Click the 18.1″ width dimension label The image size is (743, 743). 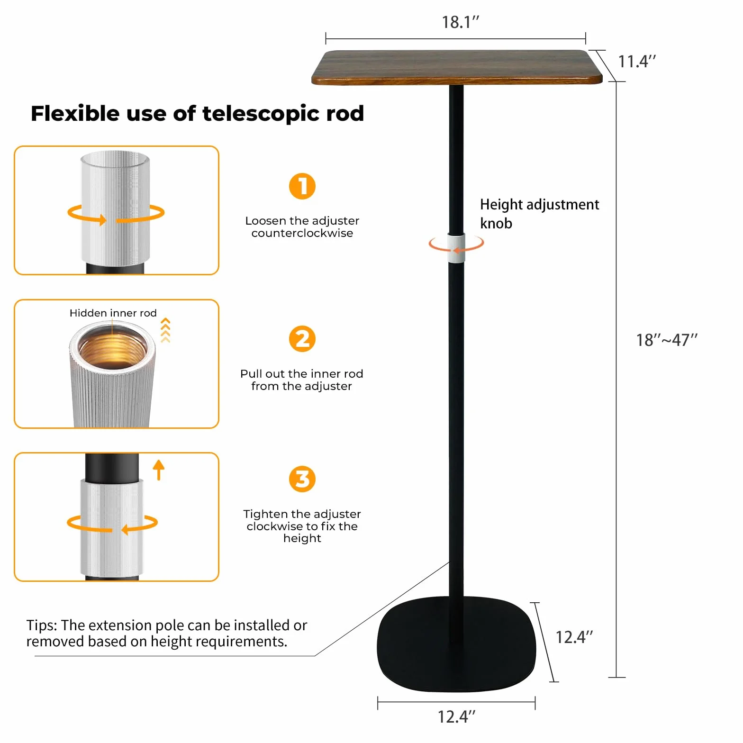[x=461, y=22]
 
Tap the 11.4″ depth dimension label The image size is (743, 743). [x=637, y=61]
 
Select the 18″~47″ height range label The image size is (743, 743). [x=667, y=340]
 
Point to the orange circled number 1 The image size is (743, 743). [x=302, y=186]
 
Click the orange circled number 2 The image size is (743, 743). [x=302, y=339]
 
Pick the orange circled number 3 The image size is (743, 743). [x=302, y=479]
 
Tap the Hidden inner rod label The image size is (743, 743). [x=113, y=313]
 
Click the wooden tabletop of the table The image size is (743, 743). [x=457, y=67]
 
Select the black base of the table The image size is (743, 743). [x=456, y=643]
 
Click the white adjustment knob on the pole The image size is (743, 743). [x=456, y=247]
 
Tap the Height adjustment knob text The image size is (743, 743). [x=539, y=214]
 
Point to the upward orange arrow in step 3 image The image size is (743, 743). [x=159, y=470]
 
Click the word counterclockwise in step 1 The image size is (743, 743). [x=302, y=233]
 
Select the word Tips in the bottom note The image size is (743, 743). [x=42, y=625]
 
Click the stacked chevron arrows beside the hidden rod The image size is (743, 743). [x=165, y=330]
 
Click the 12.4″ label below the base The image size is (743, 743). [x=456, y=717]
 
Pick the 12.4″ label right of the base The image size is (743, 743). [x=574, y=637]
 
